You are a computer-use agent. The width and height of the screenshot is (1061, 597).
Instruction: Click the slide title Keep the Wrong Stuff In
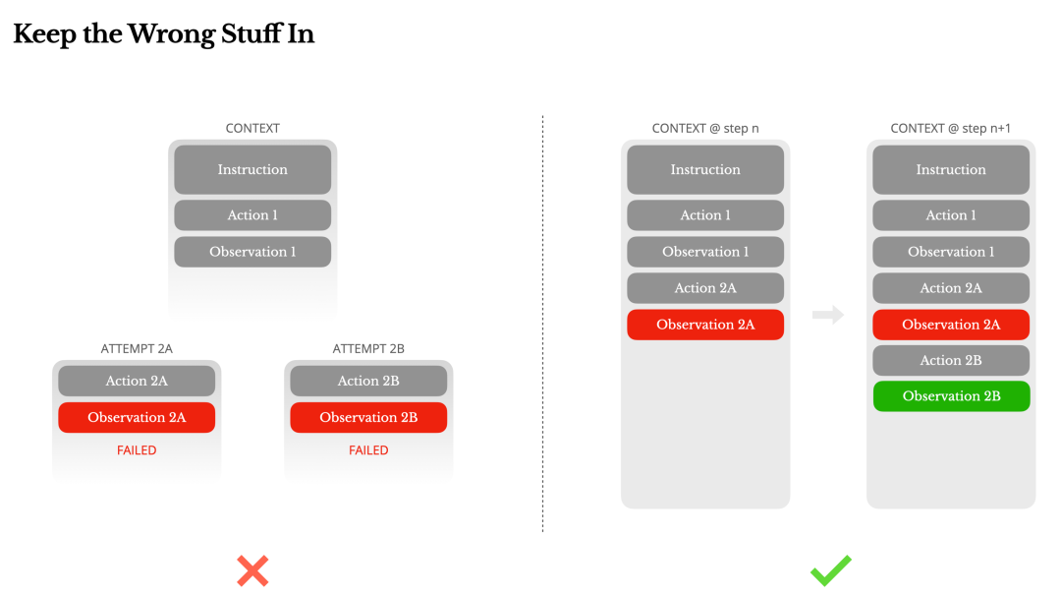[x=164, y=34]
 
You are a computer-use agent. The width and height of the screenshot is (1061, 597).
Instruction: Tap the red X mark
[x=253, y=570]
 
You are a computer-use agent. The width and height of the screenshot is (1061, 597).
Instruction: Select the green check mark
[x=831, y=570]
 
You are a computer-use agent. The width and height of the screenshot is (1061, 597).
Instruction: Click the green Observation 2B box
[x=951, y=396]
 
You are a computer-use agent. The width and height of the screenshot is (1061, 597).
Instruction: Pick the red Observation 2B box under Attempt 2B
[x=368, y=417]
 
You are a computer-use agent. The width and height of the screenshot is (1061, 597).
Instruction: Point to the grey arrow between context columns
[x=828, y=315]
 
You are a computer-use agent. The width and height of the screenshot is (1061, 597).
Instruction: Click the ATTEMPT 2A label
[x=137, y=348]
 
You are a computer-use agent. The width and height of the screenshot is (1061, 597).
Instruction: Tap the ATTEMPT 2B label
[x=368, y=348]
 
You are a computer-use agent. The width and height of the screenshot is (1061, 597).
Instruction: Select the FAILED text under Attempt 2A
[x=137, y=449]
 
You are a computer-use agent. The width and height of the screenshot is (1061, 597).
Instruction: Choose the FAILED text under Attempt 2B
[x=368, y=449]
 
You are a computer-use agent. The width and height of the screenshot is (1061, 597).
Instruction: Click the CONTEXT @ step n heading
[x=705, y=128]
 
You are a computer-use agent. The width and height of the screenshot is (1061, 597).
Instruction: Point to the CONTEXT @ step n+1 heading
[x=951, y=128]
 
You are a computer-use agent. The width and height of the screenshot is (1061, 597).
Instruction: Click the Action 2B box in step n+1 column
[x=951, y=361]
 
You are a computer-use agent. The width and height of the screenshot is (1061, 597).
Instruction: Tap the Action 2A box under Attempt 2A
[x=137, y=381]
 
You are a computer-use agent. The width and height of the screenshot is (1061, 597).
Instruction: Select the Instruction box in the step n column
[x=705, y=169]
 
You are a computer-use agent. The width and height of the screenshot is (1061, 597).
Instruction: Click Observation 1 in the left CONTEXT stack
[x=252, y=252]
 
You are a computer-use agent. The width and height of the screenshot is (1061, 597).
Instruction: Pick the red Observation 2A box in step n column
[x=705, y=325]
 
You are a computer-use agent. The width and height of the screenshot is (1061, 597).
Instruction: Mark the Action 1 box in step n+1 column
[x=951, y=214]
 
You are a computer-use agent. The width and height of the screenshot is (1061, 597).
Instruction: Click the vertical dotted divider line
[x=542, y=324]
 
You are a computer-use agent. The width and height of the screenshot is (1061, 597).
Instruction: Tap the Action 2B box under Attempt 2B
[x=368, y=381]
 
